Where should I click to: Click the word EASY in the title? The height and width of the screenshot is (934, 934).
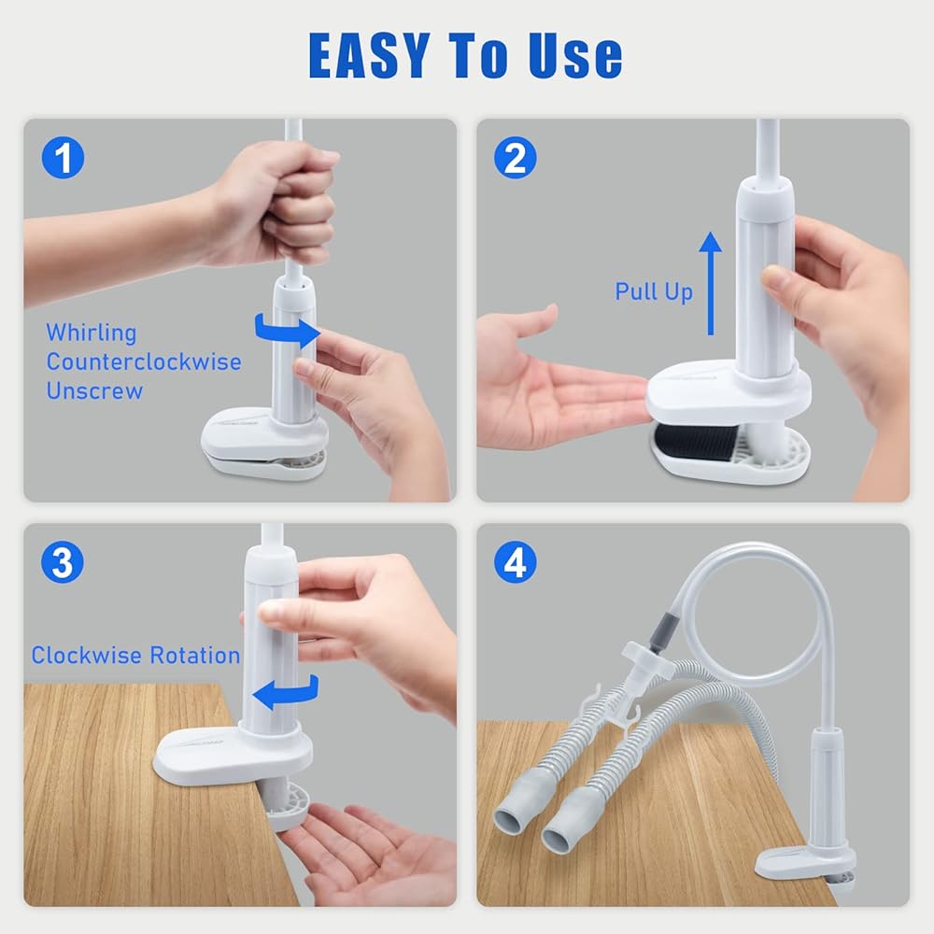pyautogui.click(x=369, y=55)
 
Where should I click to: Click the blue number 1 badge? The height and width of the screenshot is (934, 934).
pyautogui.click(x=63, y=158)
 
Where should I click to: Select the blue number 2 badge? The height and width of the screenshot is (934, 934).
pyautogui.click(x=516, y=158)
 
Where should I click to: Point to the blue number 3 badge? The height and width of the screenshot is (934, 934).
pyautogui.click(x=63, y=562)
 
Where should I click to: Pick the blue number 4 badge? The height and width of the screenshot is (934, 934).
pyautogui.click(x=516, y=562)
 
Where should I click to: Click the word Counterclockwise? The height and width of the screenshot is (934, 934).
pyautogui.click(x=144, y=361)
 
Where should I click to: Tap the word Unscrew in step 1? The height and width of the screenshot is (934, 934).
pyautogui.click(x=94, y=390)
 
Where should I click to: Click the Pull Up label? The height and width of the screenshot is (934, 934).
pyautogui.click(x=654, y=291)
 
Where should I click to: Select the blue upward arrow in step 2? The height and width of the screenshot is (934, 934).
pyautogui.click(x=710, y=284)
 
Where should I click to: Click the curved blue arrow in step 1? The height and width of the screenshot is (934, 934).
pyautogui.click(x=287, y=332)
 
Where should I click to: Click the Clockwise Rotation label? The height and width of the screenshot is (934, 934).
pyautogui.click(x=135, y=656)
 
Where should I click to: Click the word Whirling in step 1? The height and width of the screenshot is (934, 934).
pyautogui.click(x=92, y=333)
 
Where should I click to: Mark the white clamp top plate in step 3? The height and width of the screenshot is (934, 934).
pyautogui.click(x=233, y=756)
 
